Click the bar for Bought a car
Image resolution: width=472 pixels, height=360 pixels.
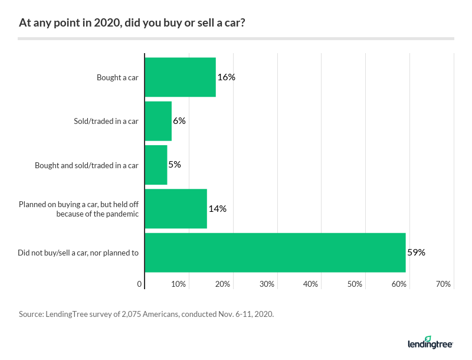[180, 77]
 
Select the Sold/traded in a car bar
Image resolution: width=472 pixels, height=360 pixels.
[158, 121]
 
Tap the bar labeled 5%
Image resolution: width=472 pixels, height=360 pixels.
[156, 165]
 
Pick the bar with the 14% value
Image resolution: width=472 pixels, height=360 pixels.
[176, 208]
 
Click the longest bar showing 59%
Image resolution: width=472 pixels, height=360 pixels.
[275, 252]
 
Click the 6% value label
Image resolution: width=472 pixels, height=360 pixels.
[179, 121]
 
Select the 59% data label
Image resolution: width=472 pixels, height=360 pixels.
[416, 252]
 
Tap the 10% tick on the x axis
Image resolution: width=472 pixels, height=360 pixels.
[179, 284]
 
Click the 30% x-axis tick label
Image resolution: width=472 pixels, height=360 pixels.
[267, 284]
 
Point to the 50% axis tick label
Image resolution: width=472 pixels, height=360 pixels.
[355, 284]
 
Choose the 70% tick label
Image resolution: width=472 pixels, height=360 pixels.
[443, 284]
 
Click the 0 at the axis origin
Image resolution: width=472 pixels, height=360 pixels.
[140, 284]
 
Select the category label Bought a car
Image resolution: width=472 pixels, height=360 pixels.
[117, 77]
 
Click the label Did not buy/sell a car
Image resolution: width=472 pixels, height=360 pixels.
[78, 253]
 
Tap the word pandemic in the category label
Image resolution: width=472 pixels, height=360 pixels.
[123, 214]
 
